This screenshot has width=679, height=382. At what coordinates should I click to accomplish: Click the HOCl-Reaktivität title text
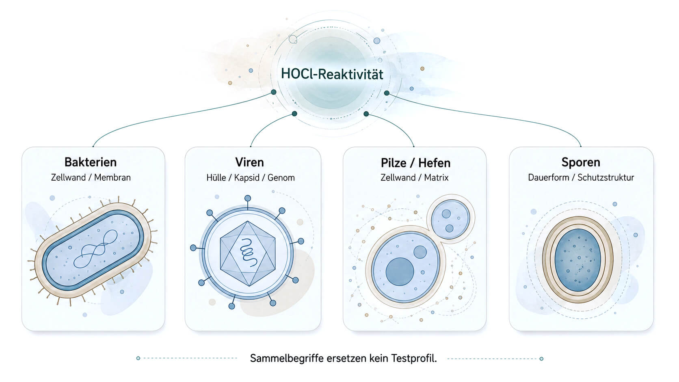click(332, 74)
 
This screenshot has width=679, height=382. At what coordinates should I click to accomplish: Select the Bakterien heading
click(90, 162)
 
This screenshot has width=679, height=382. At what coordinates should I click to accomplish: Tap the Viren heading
click(249, 162)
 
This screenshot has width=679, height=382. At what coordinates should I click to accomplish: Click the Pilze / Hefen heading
click(415, 163)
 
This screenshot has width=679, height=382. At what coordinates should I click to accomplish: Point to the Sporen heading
click(581, 162)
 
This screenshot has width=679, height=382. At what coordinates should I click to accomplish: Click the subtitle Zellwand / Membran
click(91, 177)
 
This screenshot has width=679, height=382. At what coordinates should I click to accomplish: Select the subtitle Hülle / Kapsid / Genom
click(251, 177)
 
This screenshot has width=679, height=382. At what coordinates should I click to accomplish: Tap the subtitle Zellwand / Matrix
click(414, 177)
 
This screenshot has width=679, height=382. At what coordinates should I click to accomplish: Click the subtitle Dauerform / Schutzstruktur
click(581, 177)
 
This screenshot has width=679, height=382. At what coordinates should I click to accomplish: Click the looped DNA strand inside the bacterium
click(96, 249)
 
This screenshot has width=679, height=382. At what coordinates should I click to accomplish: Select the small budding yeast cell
click(450, 219)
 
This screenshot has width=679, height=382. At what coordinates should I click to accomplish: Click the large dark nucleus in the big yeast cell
click(400, 272)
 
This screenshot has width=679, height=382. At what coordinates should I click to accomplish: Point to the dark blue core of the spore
click(577, 260)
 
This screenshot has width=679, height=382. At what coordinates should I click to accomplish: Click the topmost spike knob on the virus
click(248, 198)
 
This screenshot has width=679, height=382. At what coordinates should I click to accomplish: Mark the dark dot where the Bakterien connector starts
click(273, 92)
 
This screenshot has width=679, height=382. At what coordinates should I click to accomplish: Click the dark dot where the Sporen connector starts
click(387, 93)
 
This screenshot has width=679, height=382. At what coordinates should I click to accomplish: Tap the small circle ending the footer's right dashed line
click(541, 359)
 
